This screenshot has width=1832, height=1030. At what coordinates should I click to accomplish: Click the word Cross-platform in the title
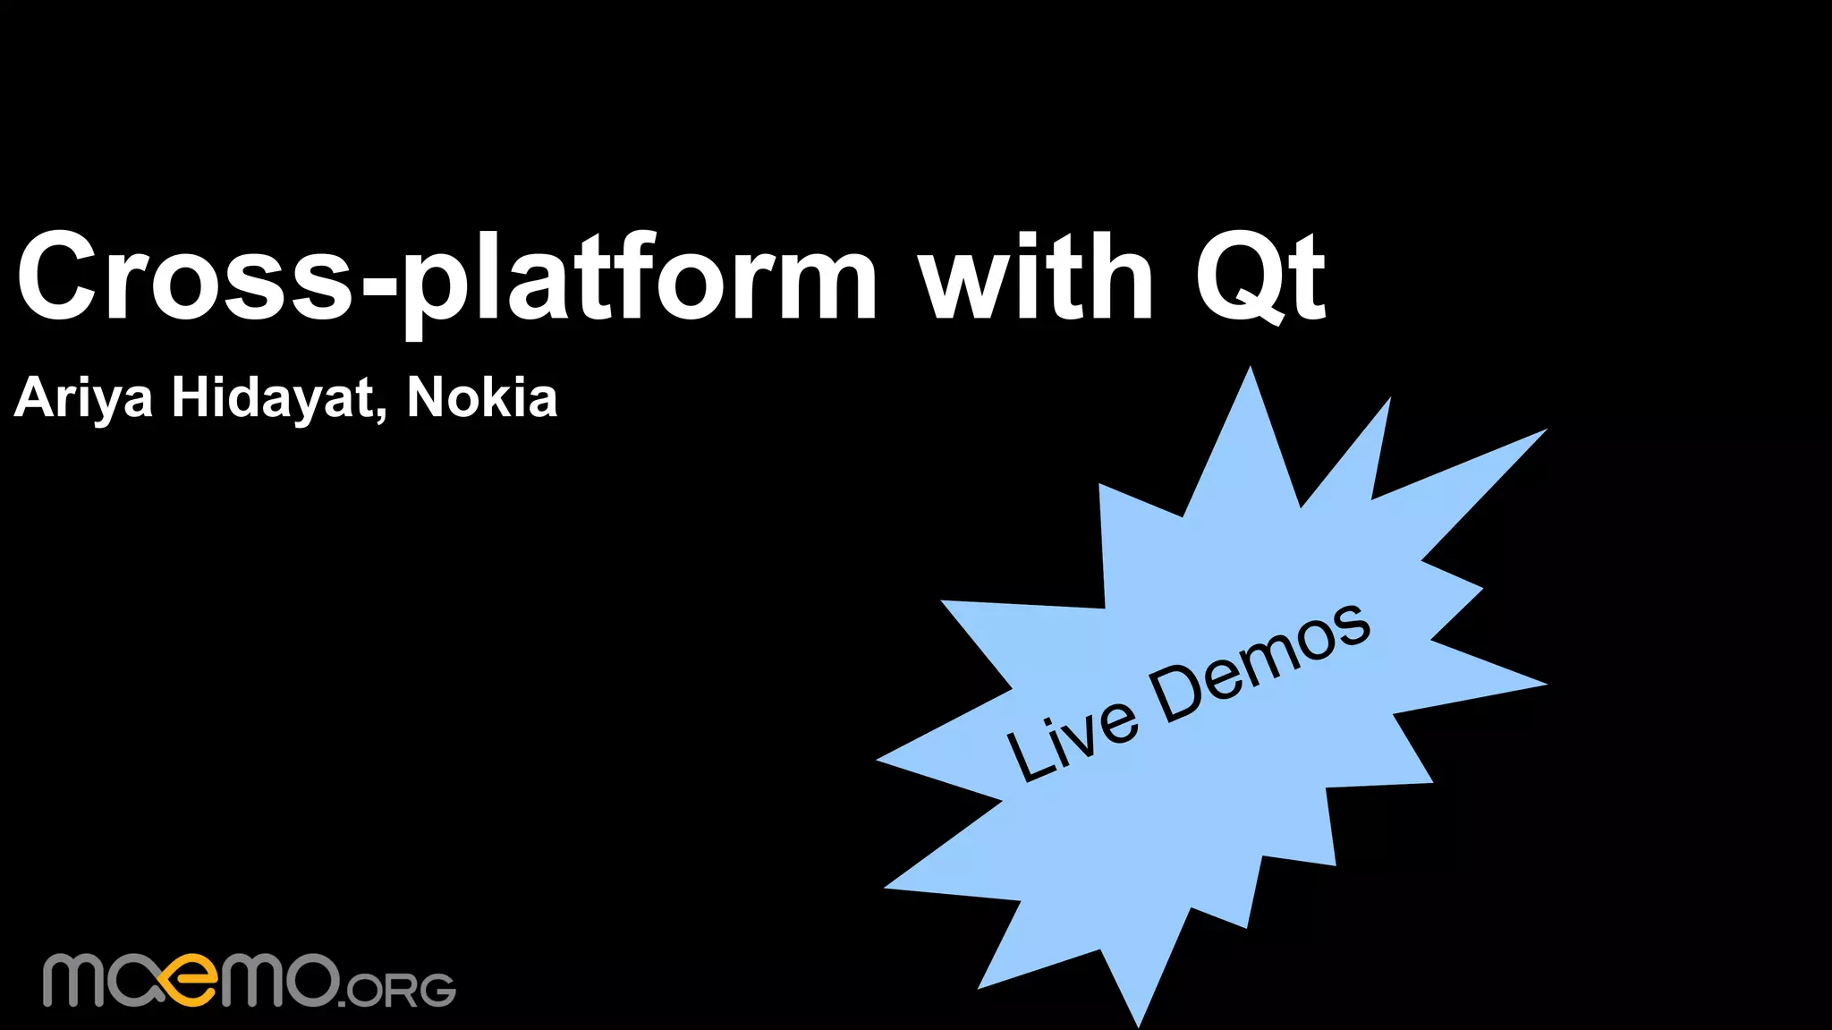[447, 277]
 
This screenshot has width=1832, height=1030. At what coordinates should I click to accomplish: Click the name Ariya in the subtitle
[83, 398]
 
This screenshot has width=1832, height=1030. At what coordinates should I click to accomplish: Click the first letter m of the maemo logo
[76, 981]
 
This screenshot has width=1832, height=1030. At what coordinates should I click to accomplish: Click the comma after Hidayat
[382, 414]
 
